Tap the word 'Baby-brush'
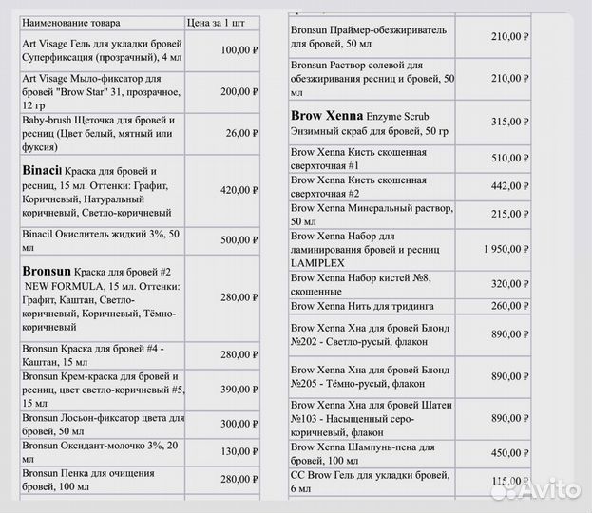(43, 121)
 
